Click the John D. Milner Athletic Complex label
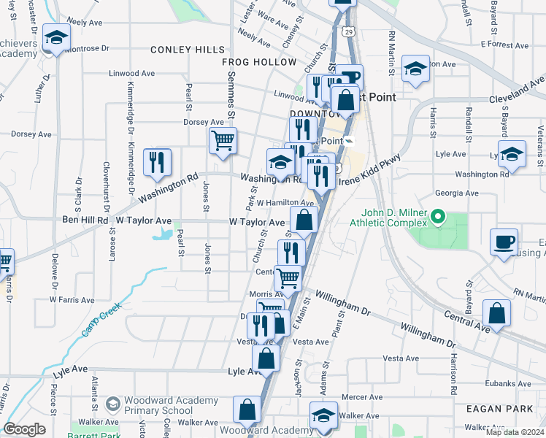[x=388, y=218]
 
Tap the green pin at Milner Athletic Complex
[x=438, y=217]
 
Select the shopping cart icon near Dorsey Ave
[x=223, y=140]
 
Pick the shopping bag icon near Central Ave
[x=496, y=313]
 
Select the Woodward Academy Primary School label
[x=171, y=405]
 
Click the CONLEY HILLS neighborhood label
[x=188, y=50]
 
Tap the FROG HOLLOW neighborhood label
[x=259, y=63]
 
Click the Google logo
[x=24, y=429]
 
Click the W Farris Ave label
[x=72, y=299]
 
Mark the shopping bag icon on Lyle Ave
[x=266, y=358]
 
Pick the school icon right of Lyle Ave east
[x=512, y=155]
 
